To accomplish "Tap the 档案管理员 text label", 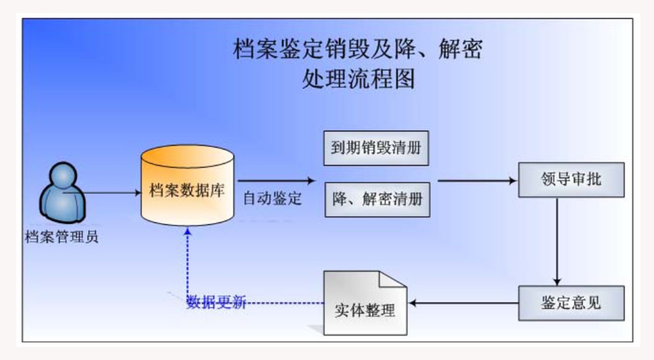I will (x=61, y=236).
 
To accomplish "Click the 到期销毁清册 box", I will (x=377, y=148).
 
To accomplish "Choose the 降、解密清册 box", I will (x=377, y=199).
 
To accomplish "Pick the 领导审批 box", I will (x=571, y=181).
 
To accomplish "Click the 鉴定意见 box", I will (x=571, y=303).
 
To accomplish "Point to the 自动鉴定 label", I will (x=272, y=199).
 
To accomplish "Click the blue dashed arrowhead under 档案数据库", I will (x=188, y=232).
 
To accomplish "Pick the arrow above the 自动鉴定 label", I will (x=276, y=181).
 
